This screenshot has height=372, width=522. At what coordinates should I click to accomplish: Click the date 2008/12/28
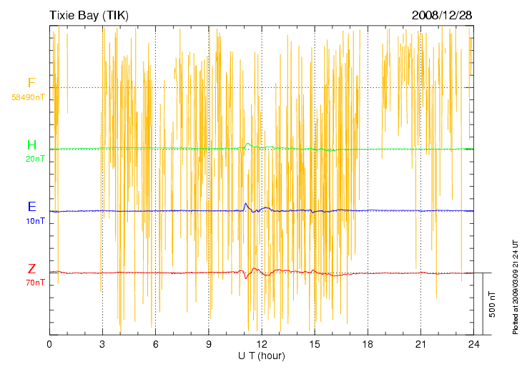point(441,15)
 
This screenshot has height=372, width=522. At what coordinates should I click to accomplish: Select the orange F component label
point(31,83)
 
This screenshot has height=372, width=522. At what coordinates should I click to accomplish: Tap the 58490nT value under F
point(29,97)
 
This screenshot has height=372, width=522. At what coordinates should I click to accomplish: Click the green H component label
point(31,145)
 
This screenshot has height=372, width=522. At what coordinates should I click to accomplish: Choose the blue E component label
point(31,207)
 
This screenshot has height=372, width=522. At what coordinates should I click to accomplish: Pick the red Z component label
point(31,269)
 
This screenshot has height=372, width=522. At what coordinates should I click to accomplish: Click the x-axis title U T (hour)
point(262,356)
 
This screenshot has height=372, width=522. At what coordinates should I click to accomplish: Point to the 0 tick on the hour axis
point(49,344)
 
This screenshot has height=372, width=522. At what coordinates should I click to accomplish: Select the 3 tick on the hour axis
point(102,344)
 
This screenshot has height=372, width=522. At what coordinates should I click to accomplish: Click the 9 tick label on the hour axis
point(209,344)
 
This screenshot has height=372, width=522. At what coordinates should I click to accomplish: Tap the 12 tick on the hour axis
point(262,344)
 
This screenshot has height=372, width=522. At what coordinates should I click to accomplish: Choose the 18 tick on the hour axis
point(368,344)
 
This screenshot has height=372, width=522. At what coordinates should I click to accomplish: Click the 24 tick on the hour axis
point(473,344)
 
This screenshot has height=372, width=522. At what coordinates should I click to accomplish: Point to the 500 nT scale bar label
point(493,304)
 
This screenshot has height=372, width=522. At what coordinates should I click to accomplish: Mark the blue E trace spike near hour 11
point(246,205)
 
